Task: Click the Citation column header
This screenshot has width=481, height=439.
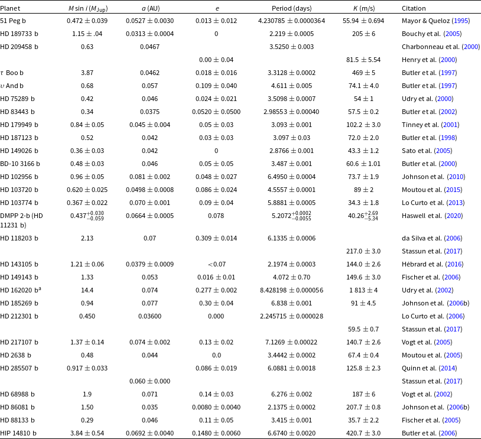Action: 414,8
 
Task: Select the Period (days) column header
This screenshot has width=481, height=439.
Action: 291,8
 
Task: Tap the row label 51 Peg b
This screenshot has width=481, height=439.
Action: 13,21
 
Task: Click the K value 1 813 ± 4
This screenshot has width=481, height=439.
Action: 363,290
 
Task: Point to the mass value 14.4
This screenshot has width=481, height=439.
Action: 87,290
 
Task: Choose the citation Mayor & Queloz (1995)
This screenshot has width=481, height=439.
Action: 435,21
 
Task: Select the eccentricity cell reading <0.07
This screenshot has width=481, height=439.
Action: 217,264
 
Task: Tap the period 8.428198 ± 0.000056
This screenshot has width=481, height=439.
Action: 291,290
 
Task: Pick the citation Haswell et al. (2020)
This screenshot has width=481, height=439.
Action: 432,216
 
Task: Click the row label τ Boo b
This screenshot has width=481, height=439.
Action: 12,73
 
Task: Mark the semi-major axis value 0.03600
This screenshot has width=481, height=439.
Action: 149,316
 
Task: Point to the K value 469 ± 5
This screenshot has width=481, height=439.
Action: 363,73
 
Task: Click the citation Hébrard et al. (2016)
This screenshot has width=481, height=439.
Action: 433,264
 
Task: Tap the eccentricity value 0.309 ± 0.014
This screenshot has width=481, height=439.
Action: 216,238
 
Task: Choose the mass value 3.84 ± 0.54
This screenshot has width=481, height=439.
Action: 87,433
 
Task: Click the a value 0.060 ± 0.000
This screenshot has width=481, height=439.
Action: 149,381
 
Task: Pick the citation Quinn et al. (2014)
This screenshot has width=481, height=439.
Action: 429,368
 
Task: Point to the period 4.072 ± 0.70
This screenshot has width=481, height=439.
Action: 291,277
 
